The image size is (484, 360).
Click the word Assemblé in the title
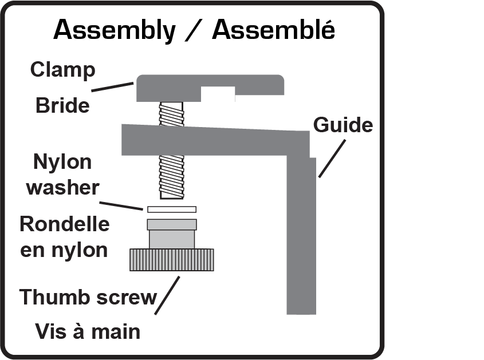(273, 30)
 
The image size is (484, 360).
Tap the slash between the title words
(194, 30)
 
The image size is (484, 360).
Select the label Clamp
(62, 70)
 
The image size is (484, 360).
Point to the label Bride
(62, 105)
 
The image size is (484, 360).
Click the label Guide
(343, 125)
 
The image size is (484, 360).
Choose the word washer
(62, 188)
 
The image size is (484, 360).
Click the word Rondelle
(65, 224)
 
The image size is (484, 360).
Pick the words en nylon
(64, 250)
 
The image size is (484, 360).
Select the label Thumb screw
(88, 297)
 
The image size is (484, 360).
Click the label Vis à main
(88, 331)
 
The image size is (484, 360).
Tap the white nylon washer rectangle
(172, 209)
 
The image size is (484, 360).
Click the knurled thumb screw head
(172, 260)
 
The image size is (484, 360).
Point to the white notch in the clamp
(218, 94)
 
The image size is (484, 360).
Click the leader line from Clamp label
(112, 86)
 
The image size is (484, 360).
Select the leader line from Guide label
(332, 159)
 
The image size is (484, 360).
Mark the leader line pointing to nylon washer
(121, 206)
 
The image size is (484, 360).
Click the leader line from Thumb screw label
(167, 295)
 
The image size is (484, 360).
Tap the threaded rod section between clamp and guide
(172, 114)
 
